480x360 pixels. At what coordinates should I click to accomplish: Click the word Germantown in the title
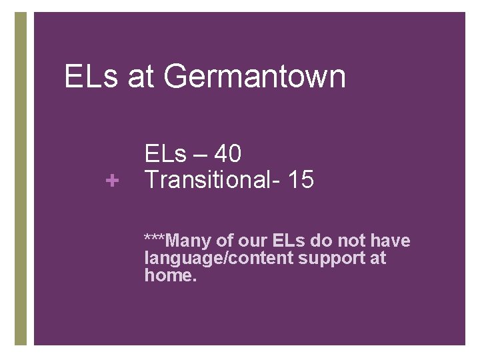[254, 76]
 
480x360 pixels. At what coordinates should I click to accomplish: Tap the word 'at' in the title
[139, 76]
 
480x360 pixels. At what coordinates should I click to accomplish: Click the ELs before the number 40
[166, 155]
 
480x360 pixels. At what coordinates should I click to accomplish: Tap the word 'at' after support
[377, 258]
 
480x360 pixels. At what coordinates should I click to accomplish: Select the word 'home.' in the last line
[171, 275]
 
